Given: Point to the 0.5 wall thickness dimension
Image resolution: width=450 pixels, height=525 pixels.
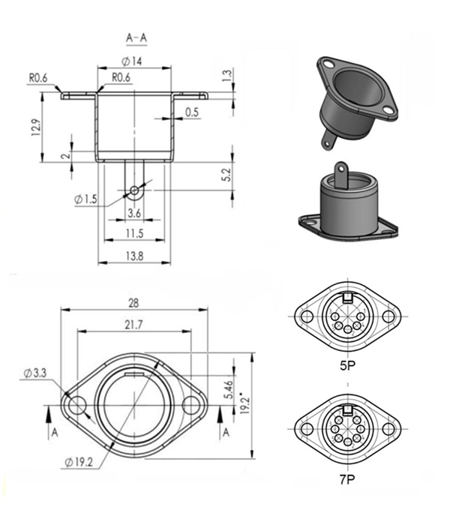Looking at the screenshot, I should pyautogui.click(x=192, y=112).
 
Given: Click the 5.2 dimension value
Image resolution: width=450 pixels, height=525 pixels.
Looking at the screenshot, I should pyautogui.click(x=226, y=175).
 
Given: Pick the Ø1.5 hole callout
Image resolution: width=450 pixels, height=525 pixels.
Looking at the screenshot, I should pyautogui.click(x=86, y=199).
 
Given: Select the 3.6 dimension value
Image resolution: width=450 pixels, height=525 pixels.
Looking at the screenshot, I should pyautogui.click(x=134, y=214).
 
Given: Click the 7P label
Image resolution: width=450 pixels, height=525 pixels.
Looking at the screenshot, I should pyautogui.click(x=346, y=476).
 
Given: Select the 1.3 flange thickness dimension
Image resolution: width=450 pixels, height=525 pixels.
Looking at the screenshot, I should pyautogui.click(x=226, y=76).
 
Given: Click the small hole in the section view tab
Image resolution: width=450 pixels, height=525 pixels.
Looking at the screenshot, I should pyautogui.click(x=134, y=190).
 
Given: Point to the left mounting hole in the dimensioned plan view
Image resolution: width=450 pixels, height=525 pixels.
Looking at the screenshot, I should pyautogui.click(x=76, y=406).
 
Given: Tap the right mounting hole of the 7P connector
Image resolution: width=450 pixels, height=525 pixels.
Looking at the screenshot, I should pyautogui.click(x=388, y=428).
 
